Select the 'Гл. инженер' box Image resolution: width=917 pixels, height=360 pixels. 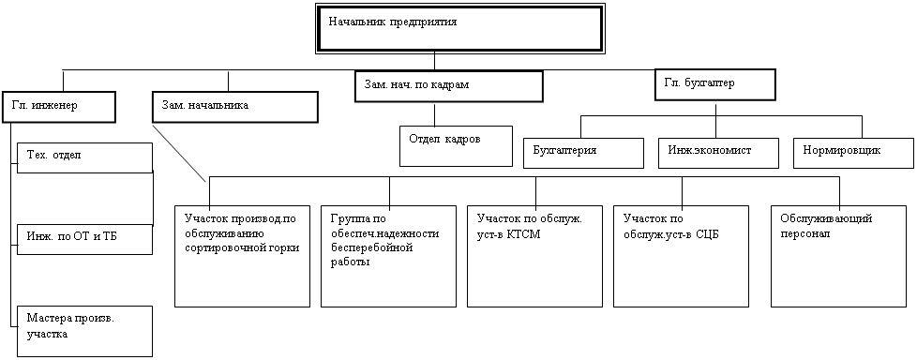coord(58,107)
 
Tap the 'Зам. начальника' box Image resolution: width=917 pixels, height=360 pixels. coord(235,107)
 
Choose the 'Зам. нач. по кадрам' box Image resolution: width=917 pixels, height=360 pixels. coord(448,86)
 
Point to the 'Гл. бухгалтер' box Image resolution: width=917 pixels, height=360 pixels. coord(715,84)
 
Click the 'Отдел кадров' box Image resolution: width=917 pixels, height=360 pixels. coord(457,145)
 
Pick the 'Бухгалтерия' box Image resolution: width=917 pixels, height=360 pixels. coord(583,153)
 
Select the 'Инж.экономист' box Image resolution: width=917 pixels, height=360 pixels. coord(718,153)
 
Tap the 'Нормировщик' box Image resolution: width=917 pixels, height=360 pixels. coord(853,153)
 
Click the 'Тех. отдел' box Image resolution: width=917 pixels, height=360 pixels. coord(84,157)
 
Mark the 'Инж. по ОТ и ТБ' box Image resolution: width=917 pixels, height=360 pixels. coord(84,239)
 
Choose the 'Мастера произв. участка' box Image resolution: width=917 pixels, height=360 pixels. coord(84,331)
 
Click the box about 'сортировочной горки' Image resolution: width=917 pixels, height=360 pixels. coord(242,256)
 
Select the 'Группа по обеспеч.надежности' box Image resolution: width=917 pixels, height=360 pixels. coord(389,256)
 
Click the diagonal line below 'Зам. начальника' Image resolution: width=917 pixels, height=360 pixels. coord(178,153)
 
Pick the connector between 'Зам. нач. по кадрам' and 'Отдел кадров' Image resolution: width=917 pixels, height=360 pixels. coord(433,114)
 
